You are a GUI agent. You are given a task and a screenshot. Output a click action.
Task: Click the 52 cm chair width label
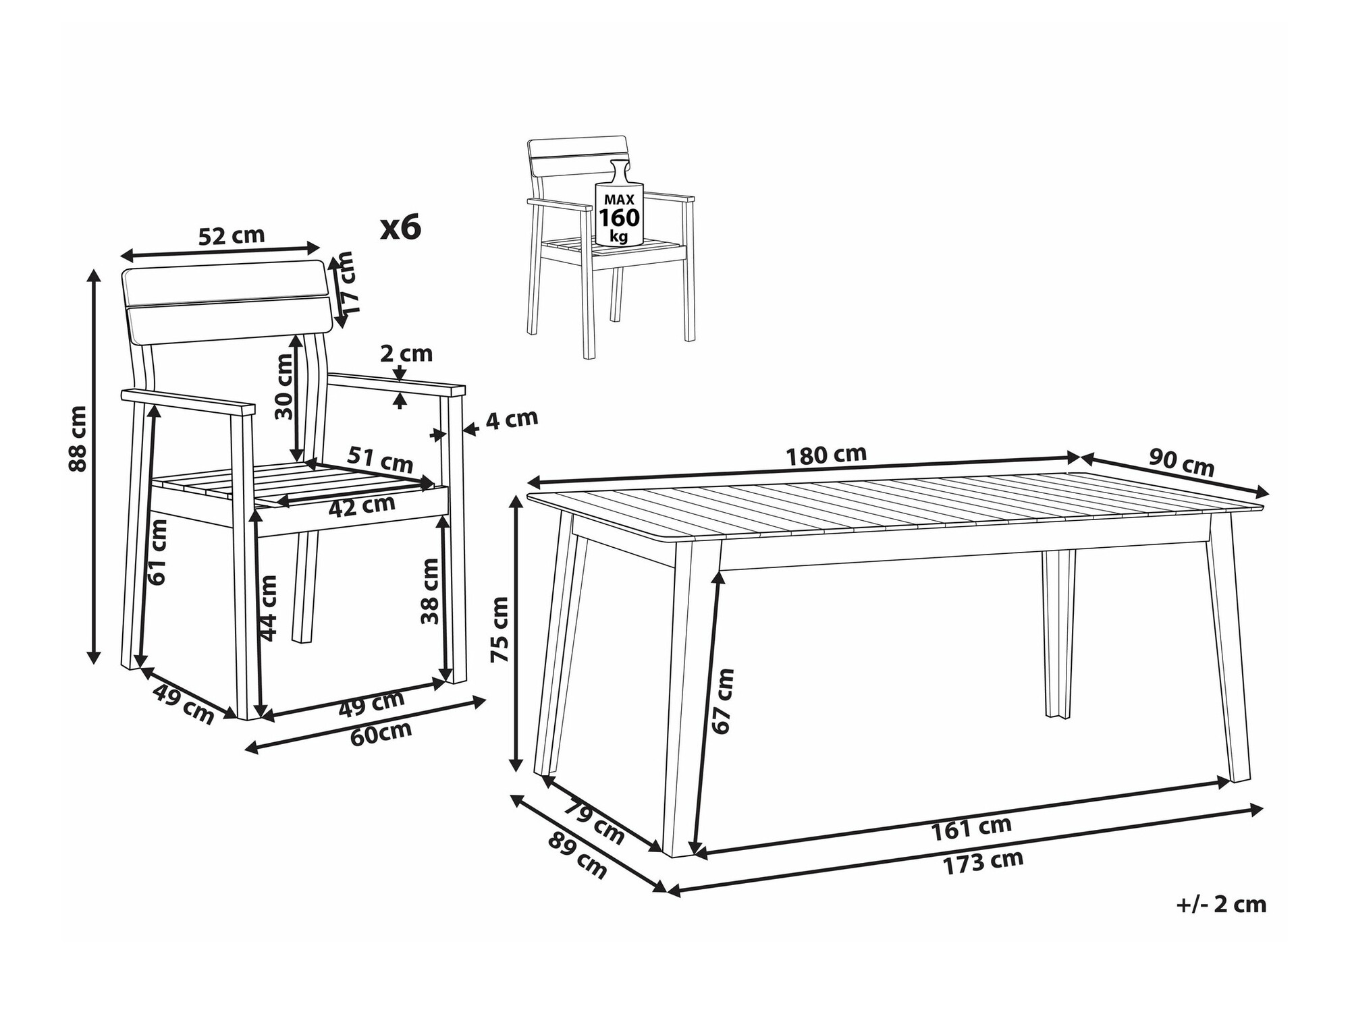[x=232, y=235]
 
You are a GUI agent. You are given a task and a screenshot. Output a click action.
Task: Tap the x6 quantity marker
[x=400, y=227]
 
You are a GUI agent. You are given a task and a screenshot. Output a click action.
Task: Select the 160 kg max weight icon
[x=619, y=203]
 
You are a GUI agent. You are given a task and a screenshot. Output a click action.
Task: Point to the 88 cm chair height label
[x=78, y=439]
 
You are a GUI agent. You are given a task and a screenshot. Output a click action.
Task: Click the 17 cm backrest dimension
[x=346, y=281]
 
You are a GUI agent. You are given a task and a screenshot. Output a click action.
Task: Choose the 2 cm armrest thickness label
[x=406, y=353]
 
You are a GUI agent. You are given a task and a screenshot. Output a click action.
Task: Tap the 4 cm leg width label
[x=512, y=420]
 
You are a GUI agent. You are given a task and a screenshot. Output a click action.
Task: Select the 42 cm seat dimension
[x=362, y=506]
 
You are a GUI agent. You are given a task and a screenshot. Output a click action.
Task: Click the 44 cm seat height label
[x=268, y=607]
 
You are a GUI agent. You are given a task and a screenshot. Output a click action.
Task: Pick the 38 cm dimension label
[x=430, y=591]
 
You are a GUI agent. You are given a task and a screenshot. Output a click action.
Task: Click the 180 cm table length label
[x=826, y=455]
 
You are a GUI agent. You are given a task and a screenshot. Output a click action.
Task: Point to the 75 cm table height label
[x=500, y=629]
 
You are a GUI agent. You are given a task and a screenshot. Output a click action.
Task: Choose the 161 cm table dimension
[x=971, y=828]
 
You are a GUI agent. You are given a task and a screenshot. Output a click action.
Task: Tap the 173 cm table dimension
[x=983, y=863]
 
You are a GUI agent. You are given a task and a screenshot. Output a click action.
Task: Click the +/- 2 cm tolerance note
[x=1221, y=905]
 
